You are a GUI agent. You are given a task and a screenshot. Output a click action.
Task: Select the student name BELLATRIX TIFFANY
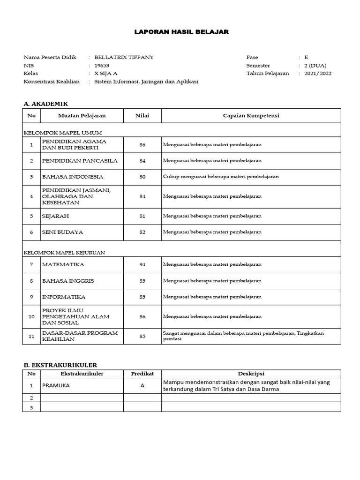(x=124, y=57)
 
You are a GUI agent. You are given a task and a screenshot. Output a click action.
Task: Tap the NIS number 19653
(x=102, y=66)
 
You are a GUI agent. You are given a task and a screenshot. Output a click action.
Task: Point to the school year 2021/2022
(x=318, y=74)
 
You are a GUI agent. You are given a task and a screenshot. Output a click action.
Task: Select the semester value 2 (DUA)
(x=315, y=66)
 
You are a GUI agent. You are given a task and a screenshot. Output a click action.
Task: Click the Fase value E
(x=306, y=57)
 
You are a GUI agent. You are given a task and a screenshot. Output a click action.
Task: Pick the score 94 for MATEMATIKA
(x=142, y=264)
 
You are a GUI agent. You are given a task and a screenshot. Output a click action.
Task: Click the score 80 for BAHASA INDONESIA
(x=142, y=177)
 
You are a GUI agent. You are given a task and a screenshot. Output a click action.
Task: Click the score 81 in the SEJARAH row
(x=142, y=216)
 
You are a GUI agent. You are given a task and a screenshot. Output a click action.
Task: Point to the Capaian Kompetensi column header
(x=251, y=115)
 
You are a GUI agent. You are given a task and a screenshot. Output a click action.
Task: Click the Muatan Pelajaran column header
(x=82, y=115)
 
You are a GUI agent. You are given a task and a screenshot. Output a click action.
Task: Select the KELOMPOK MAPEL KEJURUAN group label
(x=64, y=252)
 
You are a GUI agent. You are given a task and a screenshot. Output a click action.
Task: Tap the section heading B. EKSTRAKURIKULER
(x=60, y=365)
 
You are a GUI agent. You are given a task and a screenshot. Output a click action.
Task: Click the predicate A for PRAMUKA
(x=142, y=385)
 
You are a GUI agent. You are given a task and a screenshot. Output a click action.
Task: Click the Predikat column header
(x=142, y=374)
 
